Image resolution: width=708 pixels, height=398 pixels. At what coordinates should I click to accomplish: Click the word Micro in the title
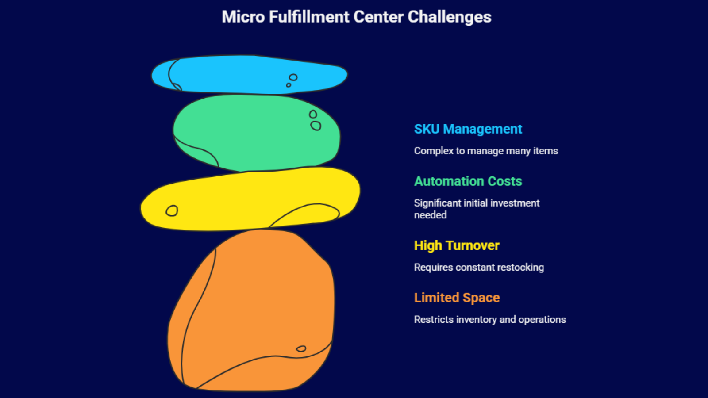[243, 17]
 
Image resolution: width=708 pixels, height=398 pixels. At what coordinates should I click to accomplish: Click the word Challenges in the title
[450, 17]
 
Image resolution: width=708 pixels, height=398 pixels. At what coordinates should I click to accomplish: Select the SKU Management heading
[468, 129]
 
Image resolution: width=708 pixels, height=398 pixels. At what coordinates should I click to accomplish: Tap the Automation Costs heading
[468, 181]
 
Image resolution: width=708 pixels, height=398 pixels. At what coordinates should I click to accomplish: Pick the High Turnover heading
[457, 246]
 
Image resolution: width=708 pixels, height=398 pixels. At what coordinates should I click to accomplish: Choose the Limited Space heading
[457, 298]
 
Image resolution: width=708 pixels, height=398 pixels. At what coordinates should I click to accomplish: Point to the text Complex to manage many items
[486, 151]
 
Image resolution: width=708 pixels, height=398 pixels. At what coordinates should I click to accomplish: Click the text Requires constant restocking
[479, 268]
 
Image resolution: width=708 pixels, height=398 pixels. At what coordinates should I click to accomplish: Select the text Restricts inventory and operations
[490, 320]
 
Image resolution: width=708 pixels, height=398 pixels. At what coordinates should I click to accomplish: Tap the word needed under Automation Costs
[430, 215]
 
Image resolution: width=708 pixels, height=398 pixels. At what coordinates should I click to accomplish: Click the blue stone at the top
[250, 75]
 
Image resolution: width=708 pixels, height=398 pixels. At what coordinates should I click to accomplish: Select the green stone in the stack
[256, 133]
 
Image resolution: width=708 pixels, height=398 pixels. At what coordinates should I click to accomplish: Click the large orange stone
[253, 310]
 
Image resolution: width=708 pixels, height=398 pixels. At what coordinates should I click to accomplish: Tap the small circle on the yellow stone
[172, 210]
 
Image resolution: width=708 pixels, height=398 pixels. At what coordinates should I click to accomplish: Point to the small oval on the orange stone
[301, 349]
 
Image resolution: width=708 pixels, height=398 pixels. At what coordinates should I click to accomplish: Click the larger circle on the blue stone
[293, 77]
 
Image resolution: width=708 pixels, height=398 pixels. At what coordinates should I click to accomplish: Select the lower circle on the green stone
[316, 126]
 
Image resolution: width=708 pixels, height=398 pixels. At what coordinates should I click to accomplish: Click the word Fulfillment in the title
[309, 17]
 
